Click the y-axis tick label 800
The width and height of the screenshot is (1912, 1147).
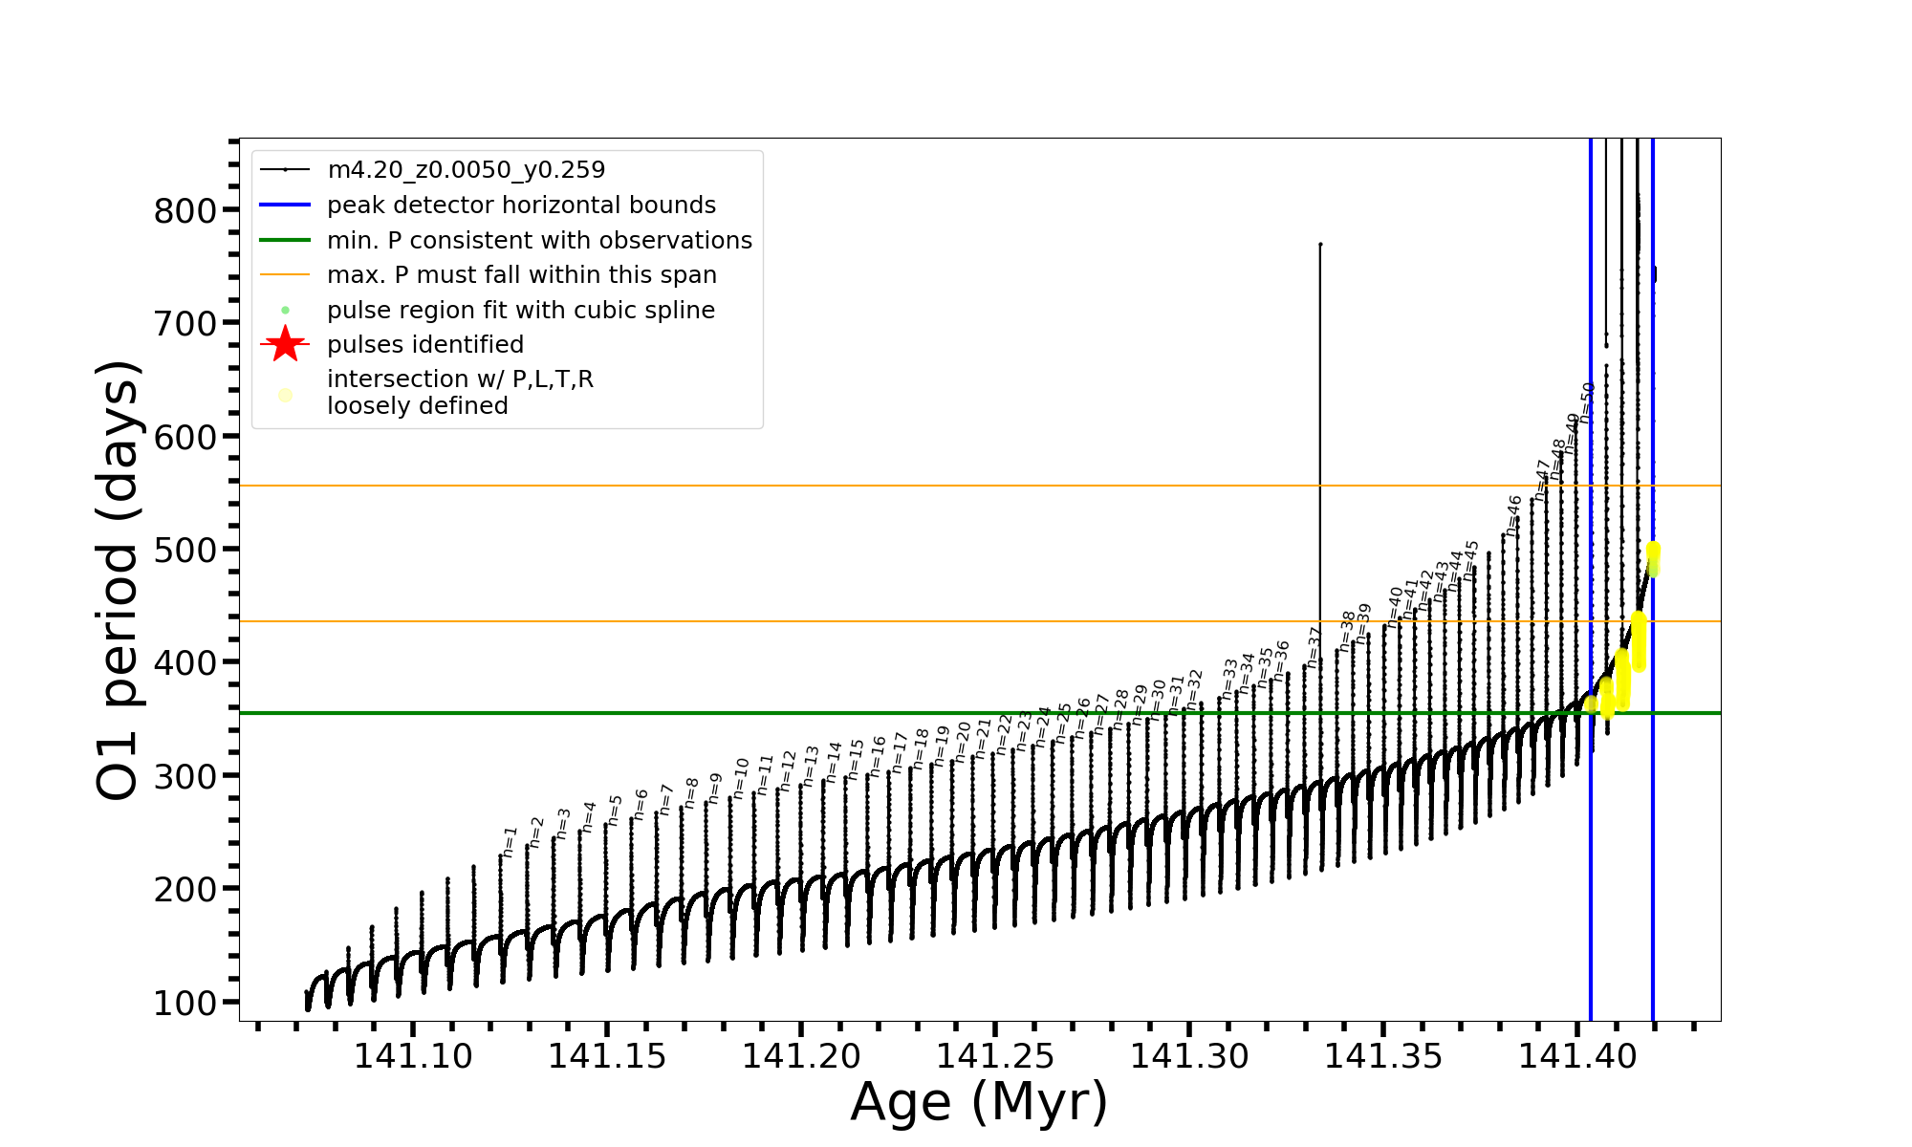tap(184, 210)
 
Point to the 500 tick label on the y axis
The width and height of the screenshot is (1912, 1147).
tap(184, 550)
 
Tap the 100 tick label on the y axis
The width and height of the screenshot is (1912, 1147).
tap(184, 1003)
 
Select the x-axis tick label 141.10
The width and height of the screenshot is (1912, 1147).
tap(413, 1056)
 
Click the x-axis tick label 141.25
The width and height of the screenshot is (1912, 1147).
tap(995, 1056)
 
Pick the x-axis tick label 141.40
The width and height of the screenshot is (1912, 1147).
tap(1577, 1056)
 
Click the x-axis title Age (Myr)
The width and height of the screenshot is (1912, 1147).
tap(979, 1102)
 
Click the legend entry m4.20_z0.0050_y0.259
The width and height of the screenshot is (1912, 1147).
tap(466, 170)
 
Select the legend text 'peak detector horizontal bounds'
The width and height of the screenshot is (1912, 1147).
tap(521, 206)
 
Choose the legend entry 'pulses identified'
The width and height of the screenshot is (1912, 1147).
tap(424, 345)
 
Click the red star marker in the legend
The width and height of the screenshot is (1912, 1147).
tap(285, 345)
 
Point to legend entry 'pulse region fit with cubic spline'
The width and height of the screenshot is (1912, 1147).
tap(520, 311)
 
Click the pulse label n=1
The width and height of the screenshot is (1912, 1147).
tap(510, 841)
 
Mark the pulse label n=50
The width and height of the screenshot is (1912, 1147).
tap(1587, 402)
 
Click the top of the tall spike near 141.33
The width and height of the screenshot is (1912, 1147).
tap(1320, 245)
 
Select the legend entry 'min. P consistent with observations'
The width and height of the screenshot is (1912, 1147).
tap(539, 241)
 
